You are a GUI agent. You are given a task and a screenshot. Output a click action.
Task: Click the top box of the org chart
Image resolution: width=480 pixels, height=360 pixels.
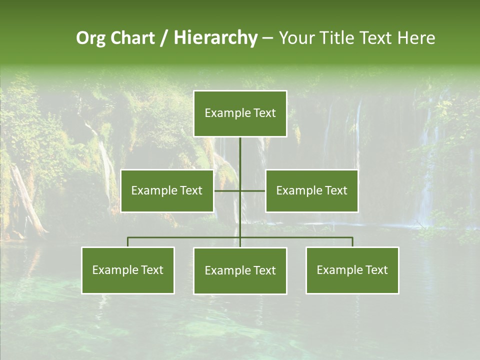click(240, 113)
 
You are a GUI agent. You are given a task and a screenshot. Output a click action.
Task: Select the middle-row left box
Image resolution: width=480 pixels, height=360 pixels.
click(167, 190)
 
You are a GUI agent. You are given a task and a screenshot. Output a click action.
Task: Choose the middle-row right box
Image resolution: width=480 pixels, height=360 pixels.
click(311, 190)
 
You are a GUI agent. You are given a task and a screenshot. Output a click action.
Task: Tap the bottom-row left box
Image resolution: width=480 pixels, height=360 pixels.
click(128, 270)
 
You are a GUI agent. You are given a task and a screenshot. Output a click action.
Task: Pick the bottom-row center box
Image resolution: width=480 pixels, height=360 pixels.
click(240, 270)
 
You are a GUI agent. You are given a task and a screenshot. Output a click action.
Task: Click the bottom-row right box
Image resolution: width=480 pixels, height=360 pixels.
click(352, 270)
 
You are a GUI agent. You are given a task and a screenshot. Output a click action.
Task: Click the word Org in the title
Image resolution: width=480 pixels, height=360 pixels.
click(90, 38)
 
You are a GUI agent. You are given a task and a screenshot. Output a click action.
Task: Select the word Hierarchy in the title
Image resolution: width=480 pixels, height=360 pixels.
click(215, 38)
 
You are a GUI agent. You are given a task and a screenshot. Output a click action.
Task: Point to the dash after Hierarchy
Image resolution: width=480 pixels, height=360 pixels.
click(267, 38)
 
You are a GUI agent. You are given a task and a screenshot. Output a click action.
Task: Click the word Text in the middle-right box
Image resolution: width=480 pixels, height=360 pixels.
click(335, 190)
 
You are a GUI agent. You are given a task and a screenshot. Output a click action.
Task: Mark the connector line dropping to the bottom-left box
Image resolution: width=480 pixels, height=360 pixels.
click(128, 242)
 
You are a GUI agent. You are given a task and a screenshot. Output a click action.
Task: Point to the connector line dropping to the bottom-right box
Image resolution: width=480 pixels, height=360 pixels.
click(352, 242)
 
